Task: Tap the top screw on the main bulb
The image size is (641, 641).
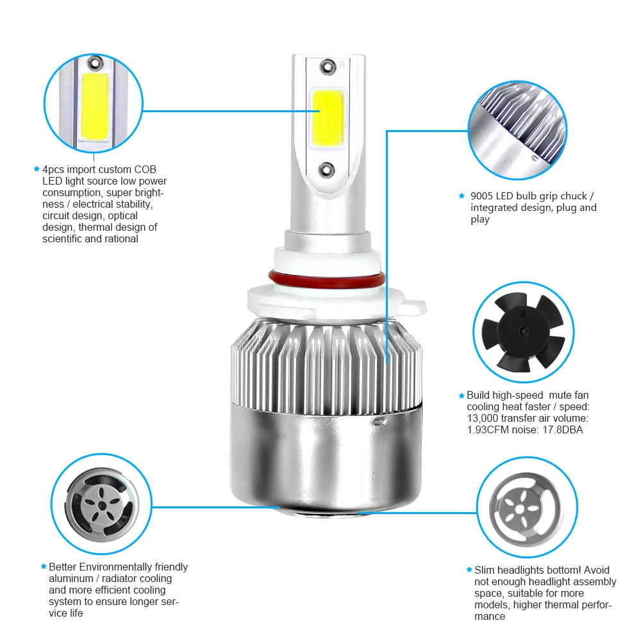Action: coord(328,65)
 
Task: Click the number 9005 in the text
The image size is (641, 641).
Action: coord(483,196)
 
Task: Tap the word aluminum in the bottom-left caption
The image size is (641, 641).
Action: coord(71,578)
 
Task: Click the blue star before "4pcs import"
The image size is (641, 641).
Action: coord(37,169)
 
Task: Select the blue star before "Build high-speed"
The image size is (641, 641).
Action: coord(461,395)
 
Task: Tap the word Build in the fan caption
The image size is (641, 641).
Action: coord(479,395)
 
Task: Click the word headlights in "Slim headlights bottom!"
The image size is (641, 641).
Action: coord(524,570)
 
